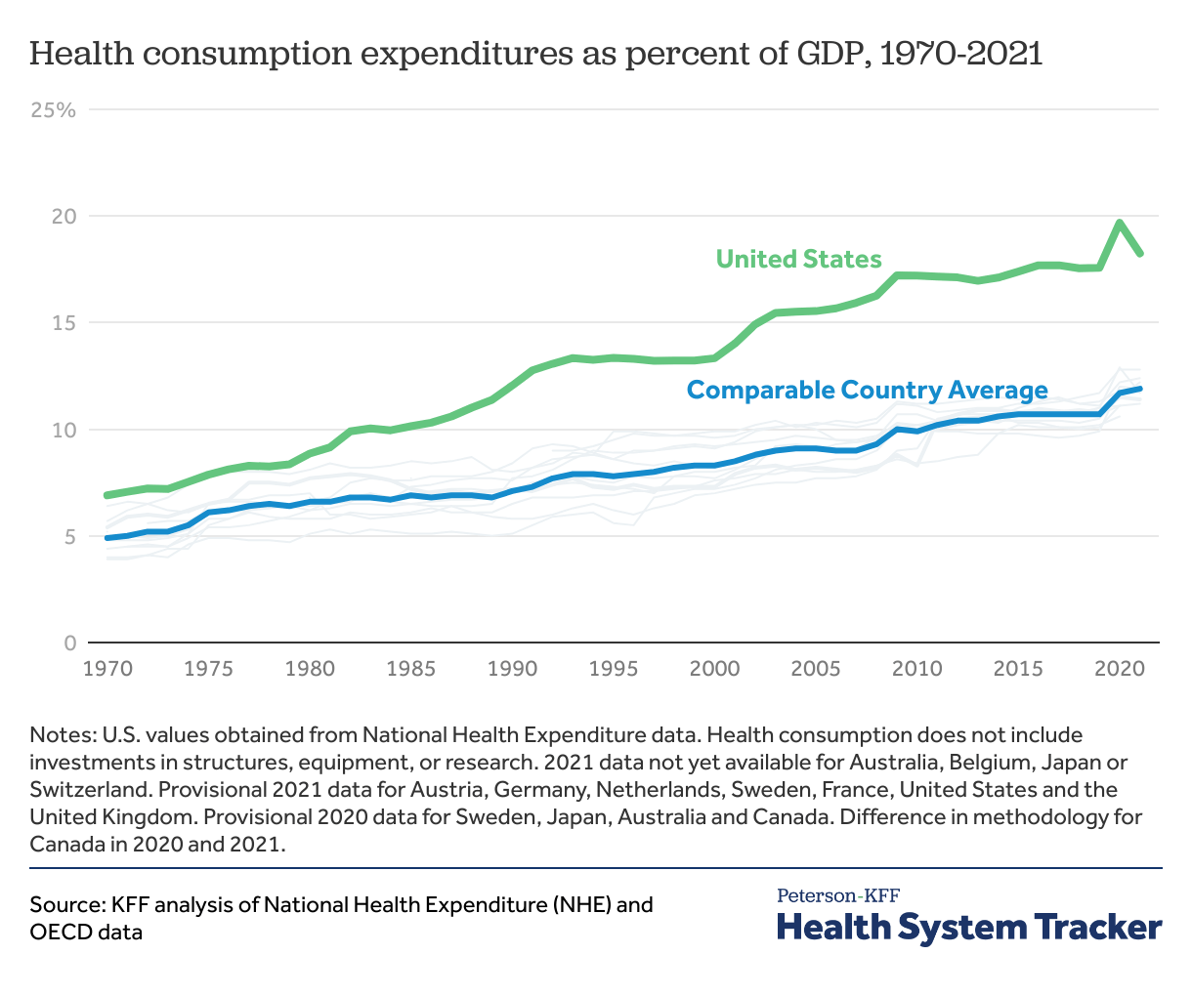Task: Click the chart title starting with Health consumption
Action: [x=536, y=53]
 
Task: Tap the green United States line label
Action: [x=798, y=259]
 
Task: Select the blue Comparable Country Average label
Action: [x=867, y=391]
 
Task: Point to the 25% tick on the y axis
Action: [x=53, y=109]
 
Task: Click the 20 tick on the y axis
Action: [x=64, y=216]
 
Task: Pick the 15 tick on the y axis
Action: [x=64, y=322]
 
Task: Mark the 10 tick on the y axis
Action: [x=64, y=430]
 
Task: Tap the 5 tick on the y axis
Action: [x=69, y=536]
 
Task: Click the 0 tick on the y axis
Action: [x=69, y=643]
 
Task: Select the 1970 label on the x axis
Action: [x=107, y=669]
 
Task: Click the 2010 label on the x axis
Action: [x=916, y=669]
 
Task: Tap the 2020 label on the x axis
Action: [x=1119, y=669]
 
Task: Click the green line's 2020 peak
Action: [x=1120, y=223]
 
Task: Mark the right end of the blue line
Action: [x=1139, y=389]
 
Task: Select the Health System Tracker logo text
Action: [x=969, y=927]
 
